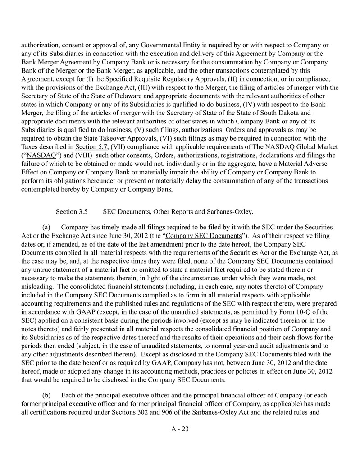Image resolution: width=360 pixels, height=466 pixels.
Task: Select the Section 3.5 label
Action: click(x=71, y=211)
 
